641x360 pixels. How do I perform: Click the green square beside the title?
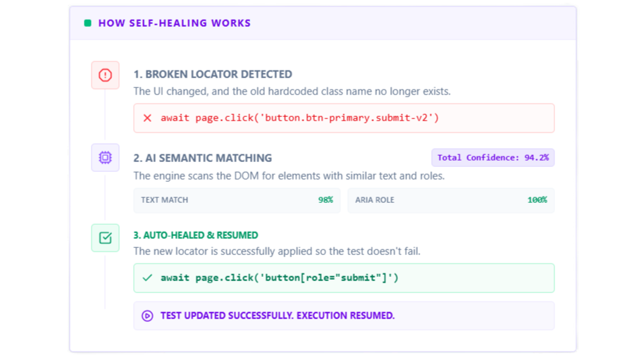(87, 23)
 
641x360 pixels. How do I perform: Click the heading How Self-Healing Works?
(175, 23)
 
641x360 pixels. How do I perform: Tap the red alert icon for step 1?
(105, 75)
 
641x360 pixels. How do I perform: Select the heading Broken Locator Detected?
(213, 74)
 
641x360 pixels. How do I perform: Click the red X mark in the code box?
(148, 118)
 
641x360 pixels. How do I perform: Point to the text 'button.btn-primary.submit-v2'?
(347, 118)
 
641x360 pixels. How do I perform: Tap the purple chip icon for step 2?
(105, 158)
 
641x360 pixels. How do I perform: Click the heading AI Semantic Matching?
(202, 158)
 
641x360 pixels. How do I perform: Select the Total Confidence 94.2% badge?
(493, 158)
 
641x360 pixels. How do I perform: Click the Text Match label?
(165, 200)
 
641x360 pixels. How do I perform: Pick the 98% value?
(326, 200)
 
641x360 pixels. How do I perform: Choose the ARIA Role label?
(375, 200)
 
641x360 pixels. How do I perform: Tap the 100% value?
(537, 200)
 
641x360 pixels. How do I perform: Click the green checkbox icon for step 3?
(105, 237)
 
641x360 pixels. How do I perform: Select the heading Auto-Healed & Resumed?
(196, 235)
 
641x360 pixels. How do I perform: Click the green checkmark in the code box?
(148, 278)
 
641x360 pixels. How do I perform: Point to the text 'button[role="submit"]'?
(326, 278)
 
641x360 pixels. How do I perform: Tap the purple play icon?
(148, 316)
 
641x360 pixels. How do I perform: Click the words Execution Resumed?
(345, 316)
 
